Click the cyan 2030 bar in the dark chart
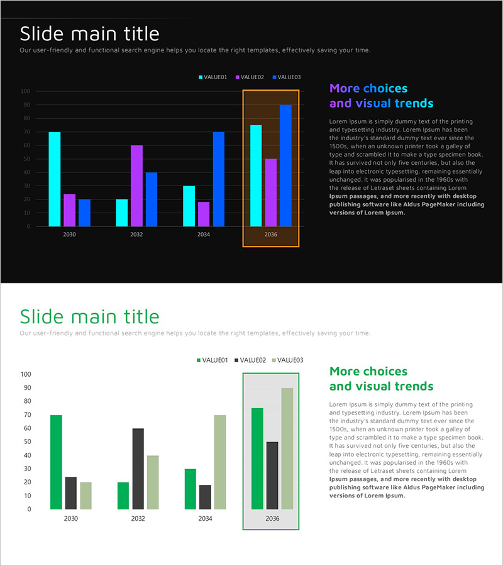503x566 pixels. point(55,179)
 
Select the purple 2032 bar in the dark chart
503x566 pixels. point(136,186)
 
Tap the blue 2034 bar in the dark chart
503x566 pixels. point(218,179)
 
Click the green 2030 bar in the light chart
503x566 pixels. point(57,462)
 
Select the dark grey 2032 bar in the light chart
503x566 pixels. point(138,469)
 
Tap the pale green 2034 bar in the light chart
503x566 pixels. point(220,462)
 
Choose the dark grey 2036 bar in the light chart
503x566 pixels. point(272,475)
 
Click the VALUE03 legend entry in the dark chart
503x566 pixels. point(287,77)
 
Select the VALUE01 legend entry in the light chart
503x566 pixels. point(212,360)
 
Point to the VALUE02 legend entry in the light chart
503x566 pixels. point(249,360)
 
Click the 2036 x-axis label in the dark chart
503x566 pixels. point(271,235)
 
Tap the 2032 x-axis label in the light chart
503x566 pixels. point(138,519)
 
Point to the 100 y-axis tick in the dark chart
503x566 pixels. point(25,91)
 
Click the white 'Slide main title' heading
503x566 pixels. point(89,33)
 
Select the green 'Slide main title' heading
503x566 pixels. point(89,316)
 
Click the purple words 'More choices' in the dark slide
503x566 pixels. point(368,89)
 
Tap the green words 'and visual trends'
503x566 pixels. point(381,386)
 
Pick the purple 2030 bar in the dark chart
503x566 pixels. point(69,210)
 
